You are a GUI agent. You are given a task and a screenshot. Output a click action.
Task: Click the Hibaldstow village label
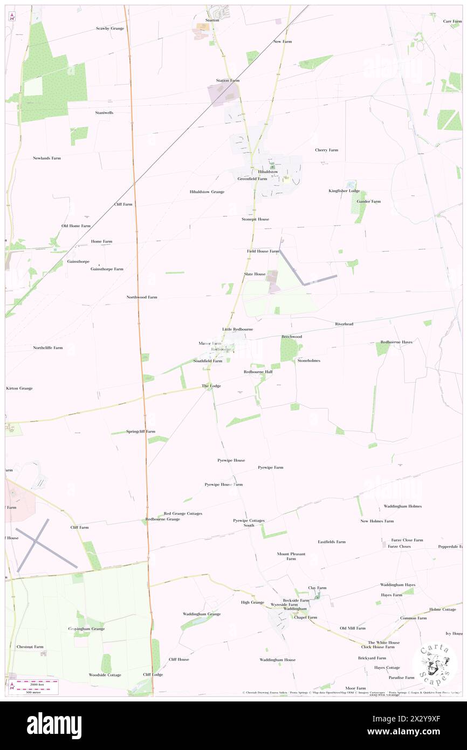(268, 172)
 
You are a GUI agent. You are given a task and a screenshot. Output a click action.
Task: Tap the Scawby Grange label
(110, 28)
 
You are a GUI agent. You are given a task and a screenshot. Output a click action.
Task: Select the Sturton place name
(212, 20)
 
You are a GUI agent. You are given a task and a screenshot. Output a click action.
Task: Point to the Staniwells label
(104, 113)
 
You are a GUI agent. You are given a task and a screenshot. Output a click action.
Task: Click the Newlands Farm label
(47, 158)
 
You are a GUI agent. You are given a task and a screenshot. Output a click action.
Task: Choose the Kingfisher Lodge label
(344, 191)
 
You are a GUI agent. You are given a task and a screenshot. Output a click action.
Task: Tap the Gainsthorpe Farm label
(107, 269)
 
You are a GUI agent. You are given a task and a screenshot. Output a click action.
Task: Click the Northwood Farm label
(142, 297)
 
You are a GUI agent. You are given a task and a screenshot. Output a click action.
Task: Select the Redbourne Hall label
(258, 372)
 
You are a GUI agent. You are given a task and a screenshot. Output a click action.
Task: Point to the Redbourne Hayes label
(396, 342)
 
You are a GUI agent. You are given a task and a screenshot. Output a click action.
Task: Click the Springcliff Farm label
(141, 432)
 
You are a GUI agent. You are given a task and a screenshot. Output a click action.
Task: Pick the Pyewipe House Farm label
(223, 485)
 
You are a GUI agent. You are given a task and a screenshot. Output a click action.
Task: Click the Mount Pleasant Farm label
(291, 556)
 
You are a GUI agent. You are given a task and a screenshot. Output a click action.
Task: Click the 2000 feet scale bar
(37, 683)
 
